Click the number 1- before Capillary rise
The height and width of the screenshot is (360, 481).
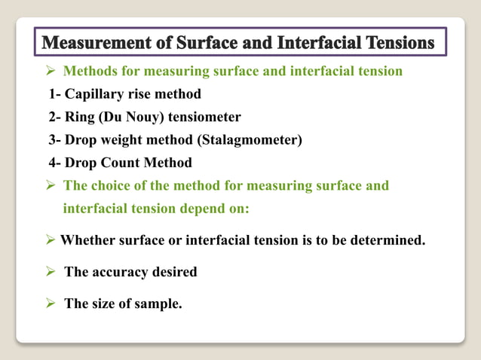[x=55, y=95]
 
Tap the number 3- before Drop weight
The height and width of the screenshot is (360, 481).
[x=55, y=140]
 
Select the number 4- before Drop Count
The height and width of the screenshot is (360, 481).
[x=55, y=163]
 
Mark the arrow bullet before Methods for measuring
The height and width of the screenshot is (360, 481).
[x=51, y=72]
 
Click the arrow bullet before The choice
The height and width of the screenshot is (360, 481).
[x=51, y=185]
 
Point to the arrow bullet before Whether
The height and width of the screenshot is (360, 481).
[x=50, y=241]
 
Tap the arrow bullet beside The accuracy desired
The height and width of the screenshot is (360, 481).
[x=51, y=272]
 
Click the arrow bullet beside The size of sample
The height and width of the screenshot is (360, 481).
[x=51, y=304]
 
